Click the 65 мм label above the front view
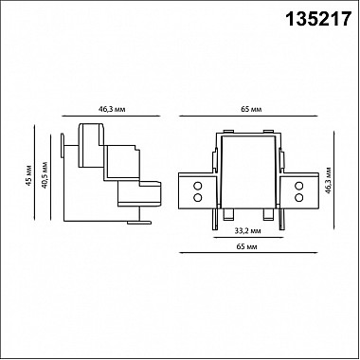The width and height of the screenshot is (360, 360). pos(250,111)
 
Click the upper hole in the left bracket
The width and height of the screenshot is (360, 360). pos(198,186)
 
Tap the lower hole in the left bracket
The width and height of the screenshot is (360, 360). pos(198,198)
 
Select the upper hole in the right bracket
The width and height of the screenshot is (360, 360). pos(302,186)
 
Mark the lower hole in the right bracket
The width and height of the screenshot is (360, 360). pos(302,198)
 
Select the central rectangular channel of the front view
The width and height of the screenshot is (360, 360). pos(250,171)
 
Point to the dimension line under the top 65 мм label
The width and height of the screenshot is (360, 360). pos(250,120)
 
